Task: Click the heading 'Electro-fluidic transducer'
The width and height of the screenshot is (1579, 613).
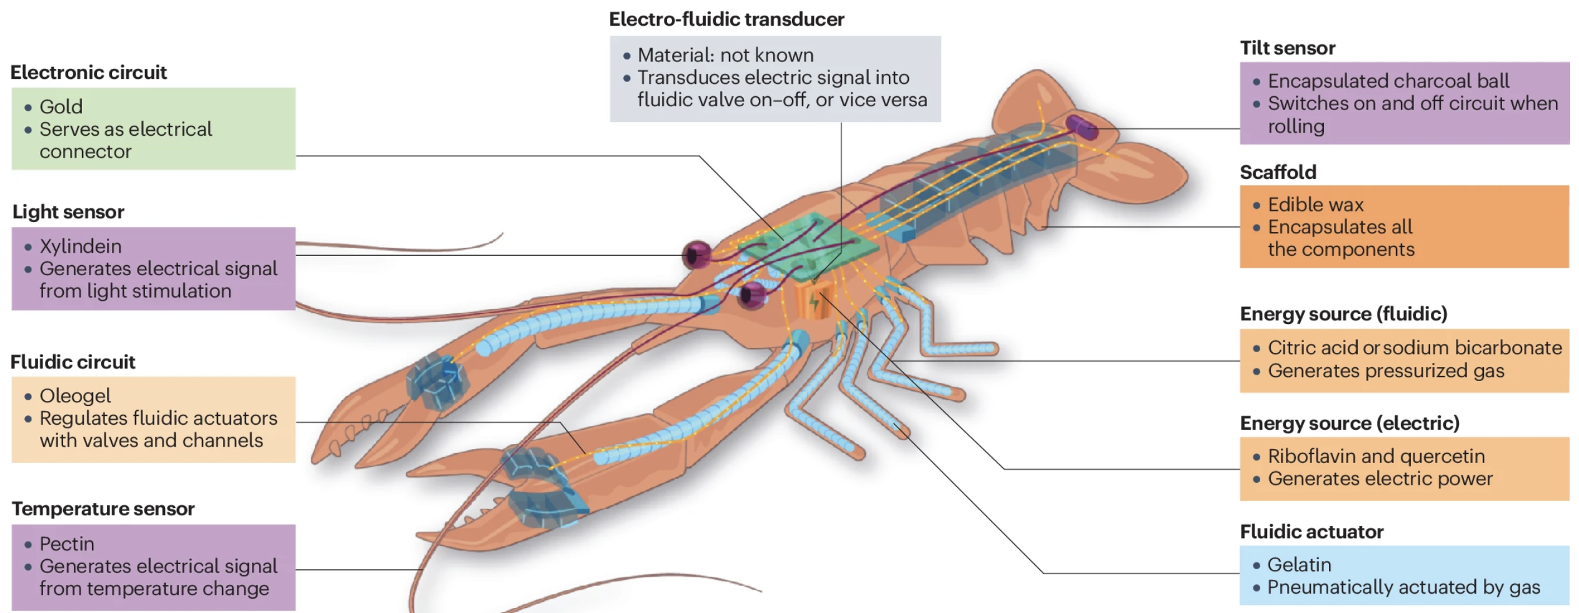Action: tap(726, 19)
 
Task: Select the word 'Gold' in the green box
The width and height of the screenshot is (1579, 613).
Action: tap(61, 107)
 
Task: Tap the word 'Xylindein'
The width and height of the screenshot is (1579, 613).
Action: tap(81, 246)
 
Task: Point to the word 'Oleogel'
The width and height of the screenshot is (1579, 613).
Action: tap(75, 396)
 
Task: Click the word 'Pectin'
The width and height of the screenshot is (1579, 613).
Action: tap(67, 544)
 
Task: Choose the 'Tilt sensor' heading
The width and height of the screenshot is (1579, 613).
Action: tap(1287, 48)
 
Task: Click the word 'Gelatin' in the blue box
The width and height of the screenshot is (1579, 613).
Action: tap(1299, 565)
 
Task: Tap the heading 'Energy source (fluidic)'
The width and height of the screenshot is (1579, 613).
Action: tap(1343, 314)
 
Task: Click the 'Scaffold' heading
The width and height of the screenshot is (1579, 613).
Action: tap(1278, 172)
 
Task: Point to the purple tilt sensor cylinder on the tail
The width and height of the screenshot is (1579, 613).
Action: tap(1081, 127)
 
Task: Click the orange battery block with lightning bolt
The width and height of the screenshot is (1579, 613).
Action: tap(813, 301)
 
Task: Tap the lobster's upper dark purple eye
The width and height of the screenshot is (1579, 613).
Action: tap(698, 255)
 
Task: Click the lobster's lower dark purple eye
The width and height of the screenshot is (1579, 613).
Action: tap(752, 295)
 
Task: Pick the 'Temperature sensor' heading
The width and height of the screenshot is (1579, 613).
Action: tap(103, 509)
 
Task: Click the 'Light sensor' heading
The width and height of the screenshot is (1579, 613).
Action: tap(68, 212)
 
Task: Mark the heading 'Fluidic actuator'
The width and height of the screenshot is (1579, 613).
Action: tap(1311, 532)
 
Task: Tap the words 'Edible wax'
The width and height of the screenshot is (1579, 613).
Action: tap(1315, 205)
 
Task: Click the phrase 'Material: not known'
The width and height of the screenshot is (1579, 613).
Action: tap(725, 56)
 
